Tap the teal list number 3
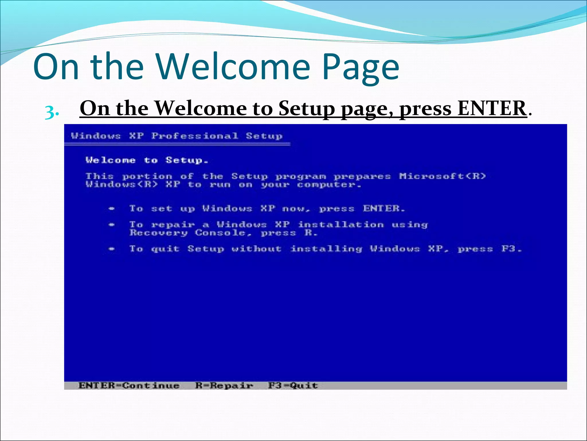52,112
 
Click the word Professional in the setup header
195,136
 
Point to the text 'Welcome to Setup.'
147,160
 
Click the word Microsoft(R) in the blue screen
443,176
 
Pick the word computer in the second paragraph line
328,185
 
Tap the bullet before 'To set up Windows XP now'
112,209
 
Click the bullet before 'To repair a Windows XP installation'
112,225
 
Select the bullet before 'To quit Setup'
112,249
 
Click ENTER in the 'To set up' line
383,208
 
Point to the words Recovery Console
191,233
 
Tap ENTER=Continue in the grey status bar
129,385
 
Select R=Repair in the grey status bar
224,385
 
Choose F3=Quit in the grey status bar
293,385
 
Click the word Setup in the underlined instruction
306,108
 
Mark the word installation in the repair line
341,225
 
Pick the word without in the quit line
257,249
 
